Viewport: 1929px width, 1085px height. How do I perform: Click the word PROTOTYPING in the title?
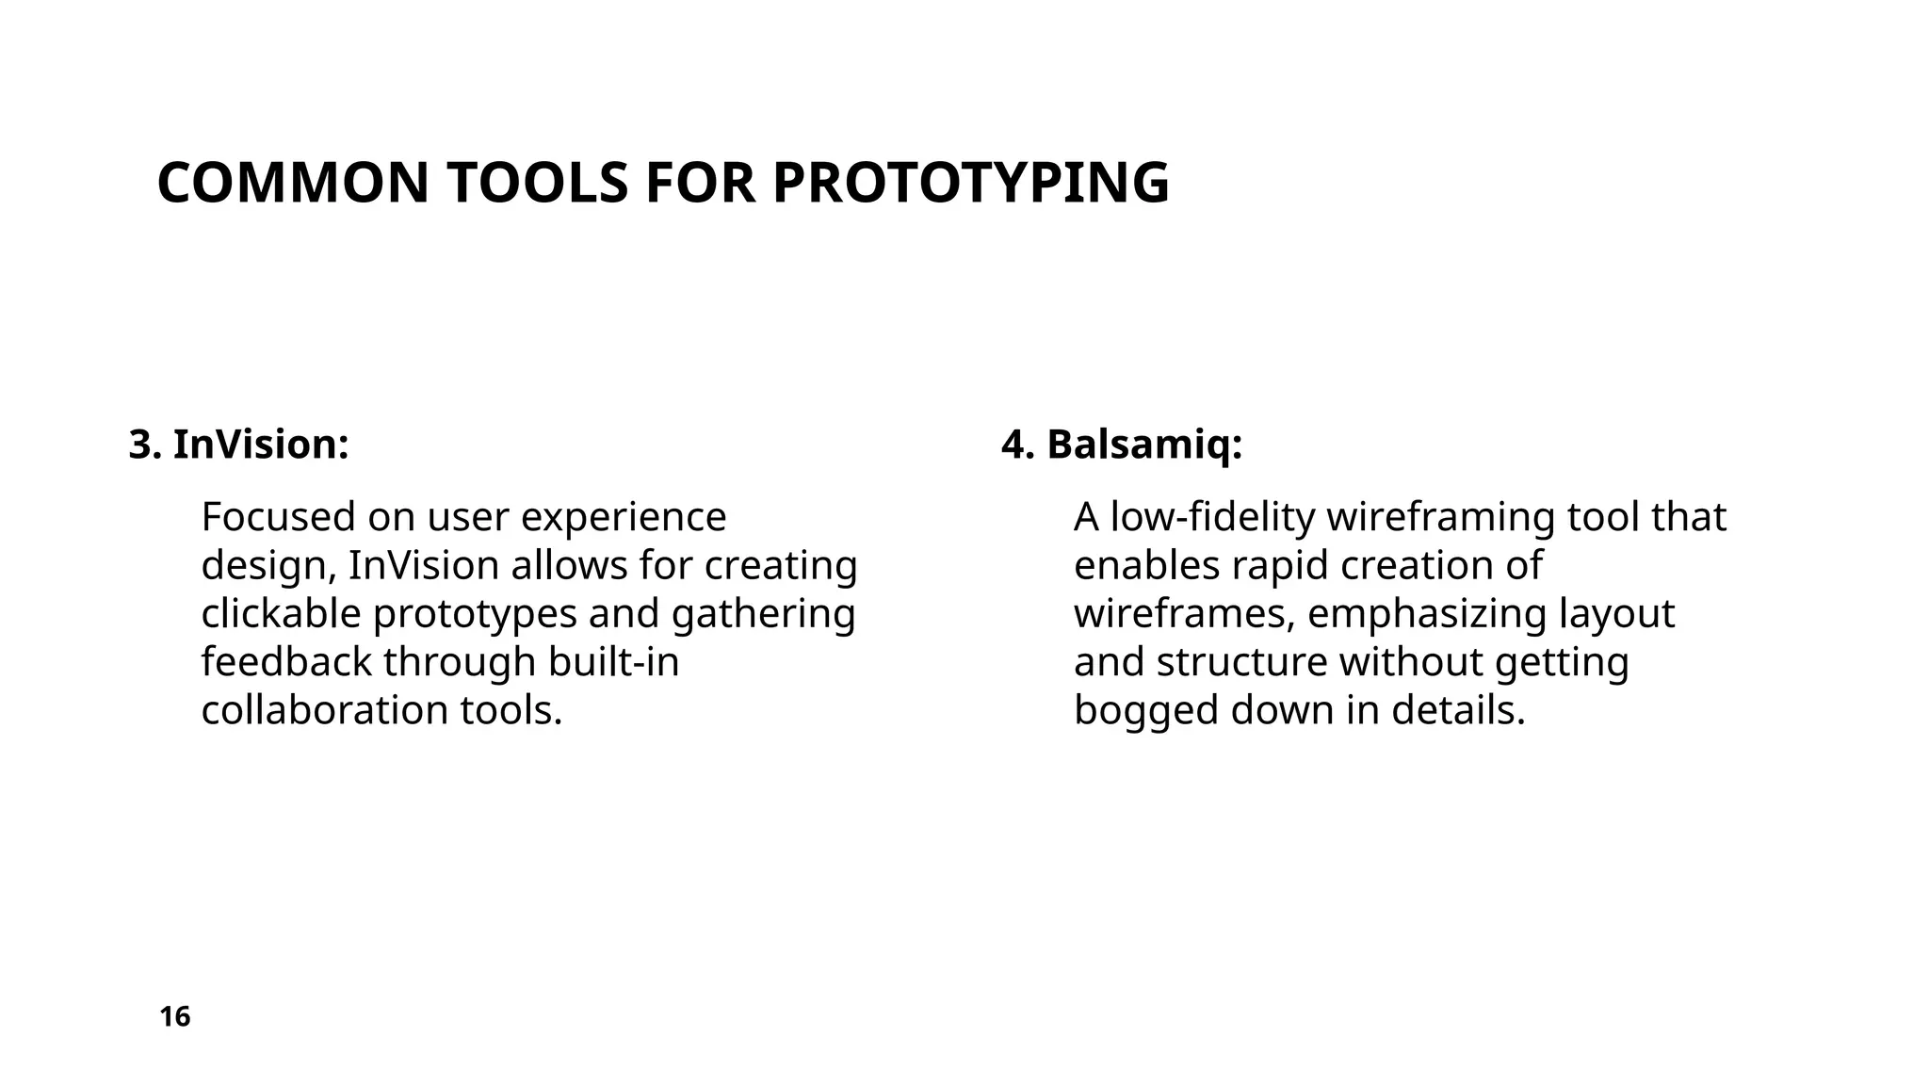coord(970,183)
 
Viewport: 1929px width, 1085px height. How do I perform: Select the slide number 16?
coord(175,1017)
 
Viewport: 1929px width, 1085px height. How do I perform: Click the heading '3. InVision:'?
coord(239,445)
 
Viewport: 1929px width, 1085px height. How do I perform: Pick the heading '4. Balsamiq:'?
coord(1122,445)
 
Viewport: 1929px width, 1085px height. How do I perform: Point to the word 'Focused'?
coord(277,517)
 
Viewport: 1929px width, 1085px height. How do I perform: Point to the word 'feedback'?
coord(286,662)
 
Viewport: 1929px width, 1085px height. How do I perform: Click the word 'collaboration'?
coord(324,710)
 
